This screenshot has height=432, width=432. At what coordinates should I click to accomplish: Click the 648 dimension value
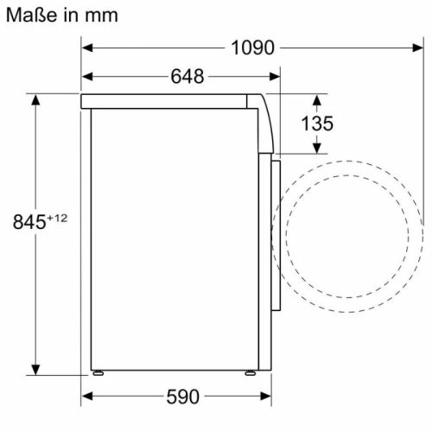tap(187, 77)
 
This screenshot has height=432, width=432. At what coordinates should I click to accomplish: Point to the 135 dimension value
tap(316, 124)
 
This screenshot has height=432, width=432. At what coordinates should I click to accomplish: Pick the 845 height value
tap(28, 222)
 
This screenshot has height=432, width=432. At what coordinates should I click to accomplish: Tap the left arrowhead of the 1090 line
tap(87, 48)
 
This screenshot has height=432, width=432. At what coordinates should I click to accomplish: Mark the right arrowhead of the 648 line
tap(276, 77)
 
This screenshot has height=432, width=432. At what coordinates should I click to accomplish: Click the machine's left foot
tap(100, 373)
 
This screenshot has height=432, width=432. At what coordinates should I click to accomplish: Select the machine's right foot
tap(249, 373)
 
